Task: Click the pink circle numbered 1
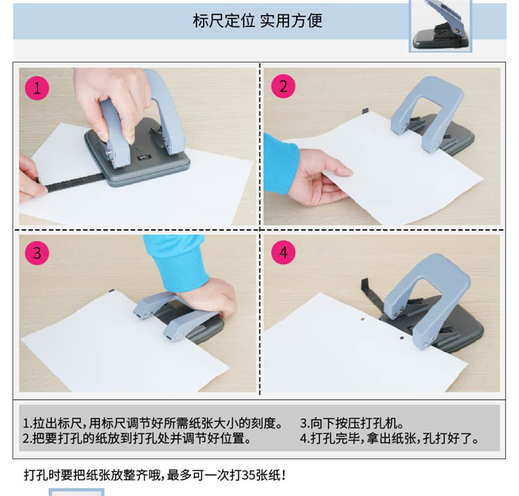click(37, 88)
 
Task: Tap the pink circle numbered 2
click(283, 86)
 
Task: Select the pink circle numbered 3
click(37, 253)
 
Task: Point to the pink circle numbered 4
click(283, 252)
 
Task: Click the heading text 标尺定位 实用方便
click(257, 21)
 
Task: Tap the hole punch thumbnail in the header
click(441, 26)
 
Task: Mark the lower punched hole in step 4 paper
click(401, 338)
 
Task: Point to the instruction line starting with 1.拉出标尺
click(154, 423)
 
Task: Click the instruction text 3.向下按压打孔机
click(352, 423)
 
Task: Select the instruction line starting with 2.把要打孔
click(138, 438)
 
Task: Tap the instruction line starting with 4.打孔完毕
click(390, 438)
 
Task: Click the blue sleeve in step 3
click(176, 262)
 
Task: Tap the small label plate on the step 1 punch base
click(145, 158)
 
